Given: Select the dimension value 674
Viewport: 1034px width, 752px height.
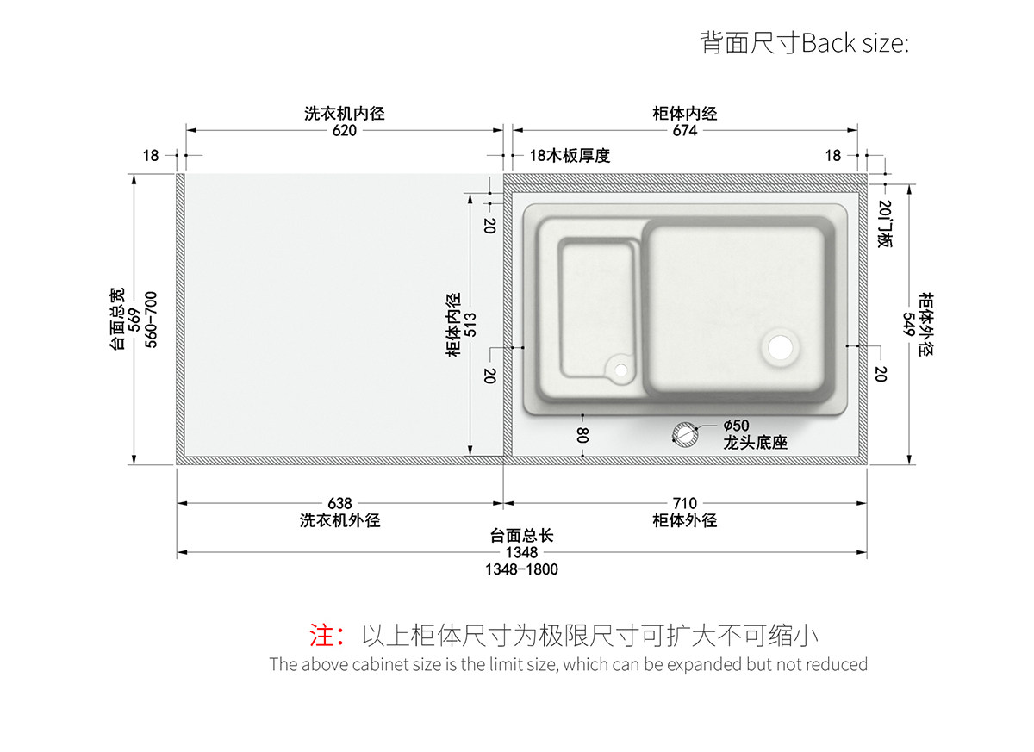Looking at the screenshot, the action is (x=685, y=131).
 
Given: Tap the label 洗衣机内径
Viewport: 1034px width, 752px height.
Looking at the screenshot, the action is (x=344, y=114).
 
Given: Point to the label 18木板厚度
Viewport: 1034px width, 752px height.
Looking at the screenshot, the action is (x=570, y=156).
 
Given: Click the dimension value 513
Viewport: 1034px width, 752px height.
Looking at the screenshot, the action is (x=470, y=324).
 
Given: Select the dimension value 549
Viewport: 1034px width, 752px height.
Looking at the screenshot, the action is (x=908, y=324).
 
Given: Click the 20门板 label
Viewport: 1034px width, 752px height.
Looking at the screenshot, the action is (x=885, y=225).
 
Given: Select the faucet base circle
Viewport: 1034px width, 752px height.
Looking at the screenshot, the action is (x=687, y=434).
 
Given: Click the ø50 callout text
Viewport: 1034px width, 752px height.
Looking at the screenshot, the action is (x=736, y=426).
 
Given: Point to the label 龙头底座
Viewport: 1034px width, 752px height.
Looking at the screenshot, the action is (x=755, y=443).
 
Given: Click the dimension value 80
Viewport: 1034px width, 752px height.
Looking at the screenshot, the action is (x=583, y=435).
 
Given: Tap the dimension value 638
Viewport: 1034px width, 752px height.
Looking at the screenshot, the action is (x=340, y=503).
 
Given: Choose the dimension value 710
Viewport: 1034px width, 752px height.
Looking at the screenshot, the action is (x=685, y=503).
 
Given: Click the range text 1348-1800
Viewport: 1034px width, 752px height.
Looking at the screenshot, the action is (x=521, y=569).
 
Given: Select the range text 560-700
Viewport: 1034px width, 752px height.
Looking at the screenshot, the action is (x=152, y=319).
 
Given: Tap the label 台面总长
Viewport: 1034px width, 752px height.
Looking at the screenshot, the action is (x=521, y=536).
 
